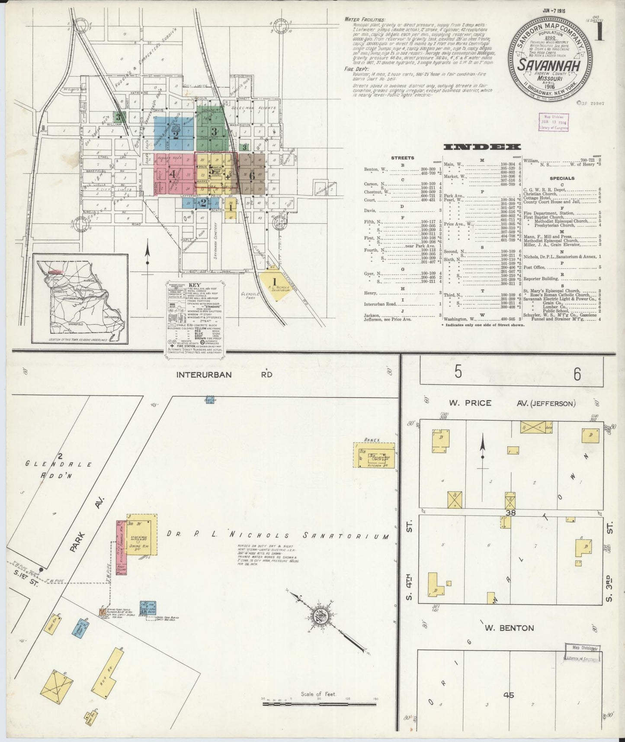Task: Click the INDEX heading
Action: click(x=482, y=147)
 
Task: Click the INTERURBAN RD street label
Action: click(x=224, y=374)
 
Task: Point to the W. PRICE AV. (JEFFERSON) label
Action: click(x=512, y=403)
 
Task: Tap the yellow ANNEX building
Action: click(x=375, y=455)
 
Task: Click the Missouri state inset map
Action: click(x=82, y=298)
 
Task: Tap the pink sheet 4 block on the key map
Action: click(x=173, y=174)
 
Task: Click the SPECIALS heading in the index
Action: click(x=562, y=178)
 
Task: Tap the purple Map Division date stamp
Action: click(x=554, y=123)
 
